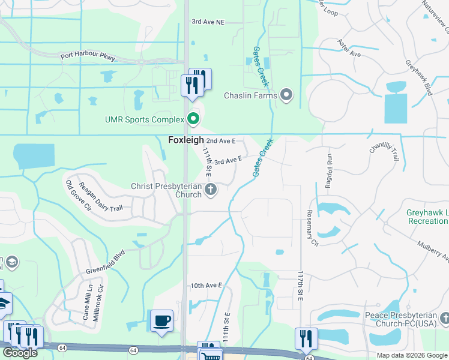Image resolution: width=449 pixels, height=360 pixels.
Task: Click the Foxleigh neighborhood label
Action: coord(184,140)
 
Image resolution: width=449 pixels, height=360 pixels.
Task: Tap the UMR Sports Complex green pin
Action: coord(193,119)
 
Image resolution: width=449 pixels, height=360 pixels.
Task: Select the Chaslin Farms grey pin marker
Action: coord(286,95)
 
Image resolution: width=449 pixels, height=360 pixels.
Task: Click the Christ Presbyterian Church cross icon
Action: coord(210,190)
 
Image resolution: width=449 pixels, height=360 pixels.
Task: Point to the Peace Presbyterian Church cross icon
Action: coord(443,319)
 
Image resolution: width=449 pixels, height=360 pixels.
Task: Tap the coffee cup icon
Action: coord(162,320)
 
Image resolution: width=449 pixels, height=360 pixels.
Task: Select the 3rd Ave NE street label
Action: coord(208,22)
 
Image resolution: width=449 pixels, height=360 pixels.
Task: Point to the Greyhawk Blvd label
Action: coord(419,77)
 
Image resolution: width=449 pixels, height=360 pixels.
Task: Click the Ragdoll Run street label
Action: coord(329,170)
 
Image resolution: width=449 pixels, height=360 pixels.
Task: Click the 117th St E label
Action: coord(300,286)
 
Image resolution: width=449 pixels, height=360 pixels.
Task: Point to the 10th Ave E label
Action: coord(206,286)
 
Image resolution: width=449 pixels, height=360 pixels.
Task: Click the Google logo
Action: coord(20,353)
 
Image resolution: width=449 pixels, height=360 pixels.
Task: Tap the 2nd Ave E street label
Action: coord(220,141)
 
